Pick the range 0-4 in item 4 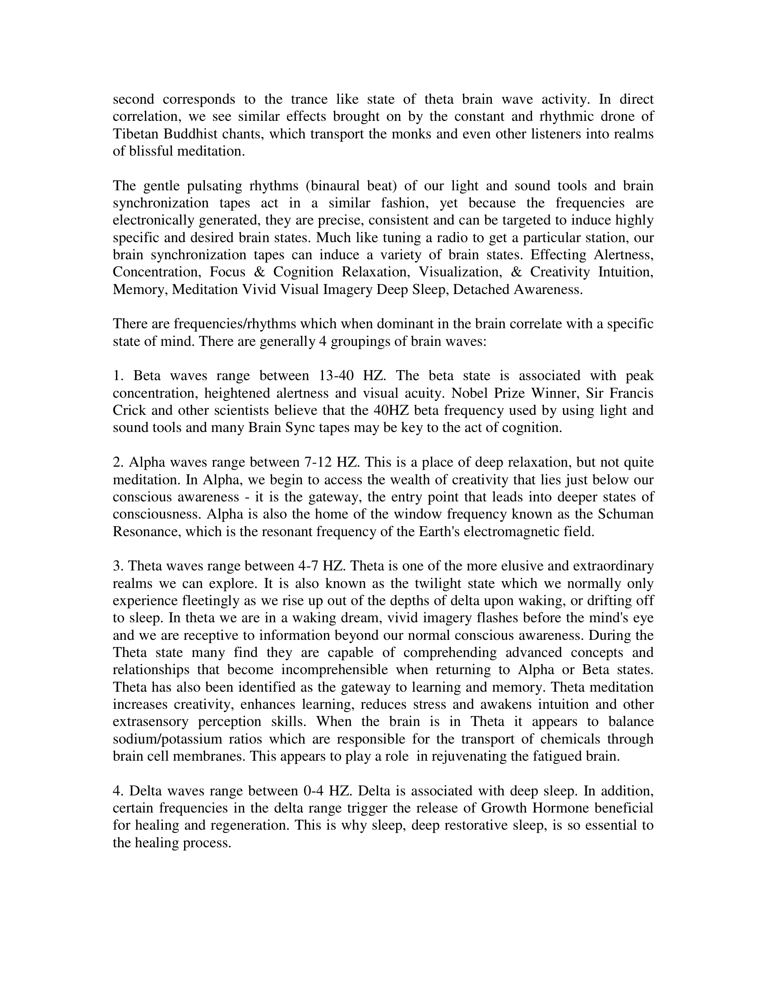coord(313,791)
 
